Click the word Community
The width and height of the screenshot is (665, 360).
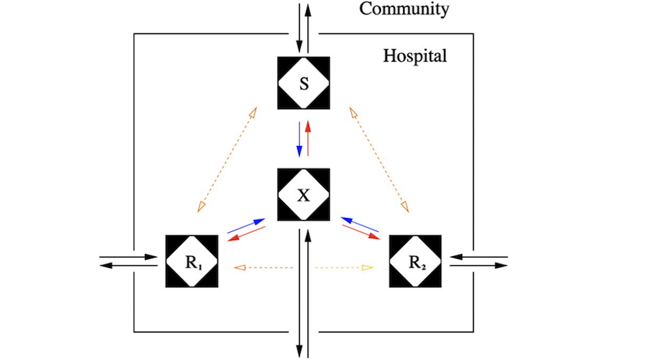point(405,9)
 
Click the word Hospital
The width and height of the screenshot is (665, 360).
point(415,55)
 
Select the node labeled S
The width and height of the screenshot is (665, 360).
point(303,83)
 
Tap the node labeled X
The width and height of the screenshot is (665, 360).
point(303,195)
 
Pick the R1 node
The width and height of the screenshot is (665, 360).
point(192,262)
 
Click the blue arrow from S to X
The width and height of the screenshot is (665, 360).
point(299,139)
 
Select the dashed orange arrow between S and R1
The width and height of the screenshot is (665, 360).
point(227,159)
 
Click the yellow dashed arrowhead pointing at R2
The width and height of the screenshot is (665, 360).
point(369,267)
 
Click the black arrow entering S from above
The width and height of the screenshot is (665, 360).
point(299,28)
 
